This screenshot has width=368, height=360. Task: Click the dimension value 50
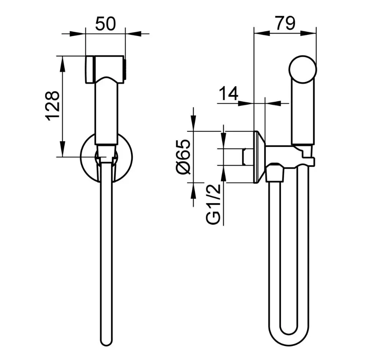(105, 24)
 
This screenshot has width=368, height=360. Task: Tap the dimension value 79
(285, 23)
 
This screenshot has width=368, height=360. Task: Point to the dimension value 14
(228, 93)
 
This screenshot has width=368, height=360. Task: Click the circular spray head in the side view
(303, 69)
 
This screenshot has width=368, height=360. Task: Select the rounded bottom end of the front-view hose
(106, 341)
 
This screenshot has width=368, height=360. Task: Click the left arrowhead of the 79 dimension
(262, 34)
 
